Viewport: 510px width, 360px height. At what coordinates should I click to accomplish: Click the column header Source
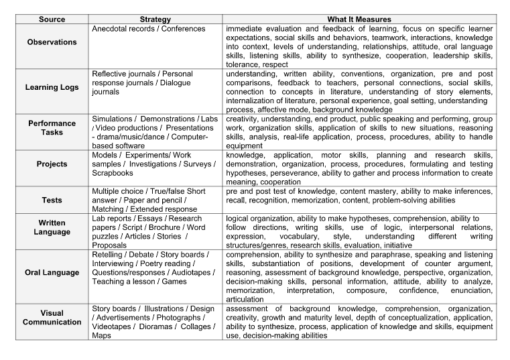tap(52, 19)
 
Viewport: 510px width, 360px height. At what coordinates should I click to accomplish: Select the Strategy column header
tap(155, 19)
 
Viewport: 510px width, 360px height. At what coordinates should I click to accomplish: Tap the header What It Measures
tap(359, 19)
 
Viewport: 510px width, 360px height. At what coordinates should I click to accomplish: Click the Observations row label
tap(52, 42)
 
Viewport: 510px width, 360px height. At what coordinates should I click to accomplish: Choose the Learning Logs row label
tap(52, 87)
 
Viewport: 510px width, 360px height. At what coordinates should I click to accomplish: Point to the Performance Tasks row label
tap(52, 127)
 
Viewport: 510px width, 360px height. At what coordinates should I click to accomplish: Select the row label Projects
tap(52, 164)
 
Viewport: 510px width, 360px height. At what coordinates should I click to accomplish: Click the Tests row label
tap(52, 200)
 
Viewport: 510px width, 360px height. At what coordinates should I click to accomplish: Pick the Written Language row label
tap(52, 227)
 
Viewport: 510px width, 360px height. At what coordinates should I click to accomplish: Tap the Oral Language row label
tap(52, 273)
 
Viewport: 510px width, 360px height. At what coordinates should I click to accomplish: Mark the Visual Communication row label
tap(52, 317)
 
